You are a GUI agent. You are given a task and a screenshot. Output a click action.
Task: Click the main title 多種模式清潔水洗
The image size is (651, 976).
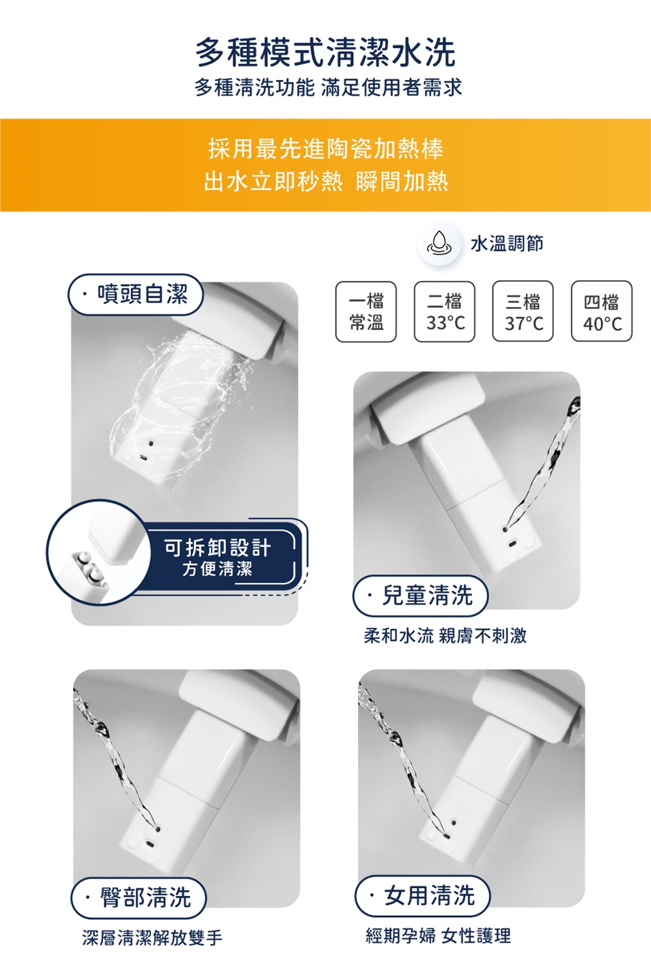tap(325, 52)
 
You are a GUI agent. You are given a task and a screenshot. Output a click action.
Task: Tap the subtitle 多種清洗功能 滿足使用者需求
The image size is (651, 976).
tap(328, 87)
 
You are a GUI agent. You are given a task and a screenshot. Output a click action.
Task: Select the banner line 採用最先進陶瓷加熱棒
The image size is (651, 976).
tap(325, 148)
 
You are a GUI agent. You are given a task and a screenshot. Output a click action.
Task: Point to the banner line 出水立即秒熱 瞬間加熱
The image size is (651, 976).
tap(325, 181)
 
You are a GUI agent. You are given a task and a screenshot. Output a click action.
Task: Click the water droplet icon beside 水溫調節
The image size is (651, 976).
tap(439, 243)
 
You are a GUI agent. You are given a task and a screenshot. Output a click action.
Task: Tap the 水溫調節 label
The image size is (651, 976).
tap(507, 243)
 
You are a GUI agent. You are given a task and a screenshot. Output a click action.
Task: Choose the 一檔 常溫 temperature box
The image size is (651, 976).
tap(366, 312)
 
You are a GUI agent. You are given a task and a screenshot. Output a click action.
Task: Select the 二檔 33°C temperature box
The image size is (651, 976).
tap(445, 312)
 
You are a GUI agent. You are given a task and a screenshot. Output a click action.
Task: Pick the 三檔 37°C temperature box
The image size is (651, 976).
tap(523, 312)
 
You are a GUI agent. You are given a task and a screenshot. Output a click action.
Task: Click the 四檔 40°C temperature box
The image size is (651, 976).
tap(601, 312)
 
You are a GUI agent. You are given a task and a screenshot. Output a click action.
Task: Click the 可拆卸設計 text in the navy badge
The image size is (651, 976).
tap(217, 547)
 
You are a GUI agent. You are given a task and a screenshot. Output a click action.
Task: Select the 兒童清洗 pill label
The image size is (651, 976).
tap(420, 595)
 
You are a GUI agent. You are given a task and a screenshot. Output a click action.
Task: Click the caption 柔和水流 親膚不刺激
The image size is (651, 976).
tap(445, 635)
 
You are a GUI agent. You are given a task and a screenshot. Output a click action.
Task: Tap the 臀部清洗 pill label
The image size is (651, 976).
tap(139, 897)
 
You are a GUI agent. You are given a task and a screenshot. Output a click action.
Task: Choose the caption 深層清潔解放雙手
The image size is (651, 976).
tap(152, 937)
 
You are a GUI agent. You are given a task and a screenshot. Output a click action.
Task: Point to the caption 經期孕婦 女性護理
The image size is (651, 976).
tap(438, 936)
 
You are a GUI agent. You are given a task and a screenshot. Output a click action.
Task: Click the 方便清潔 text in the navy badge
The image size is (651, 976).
tap(217, 569)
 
